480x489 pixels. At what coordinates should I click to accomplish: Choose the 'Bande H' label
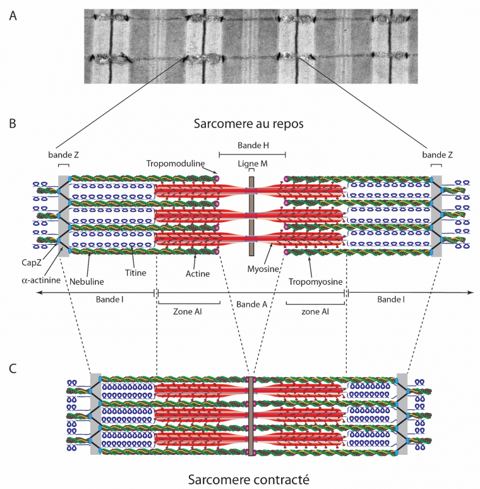pyautogui.click(x=252, y=146)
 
